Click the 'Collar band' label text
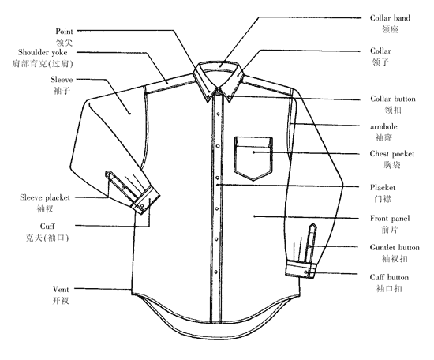click(390, 18)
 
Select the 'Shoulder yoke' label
click(43, 52)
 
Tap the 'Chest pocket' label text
click(392, 154)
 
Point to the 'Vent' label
click(61, 290)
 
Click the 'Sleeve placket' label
click(45, 197)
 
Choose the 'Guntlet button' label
click(395, 247)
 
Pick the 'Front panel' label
click(390, 219)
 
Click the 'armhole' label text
click(383, 126)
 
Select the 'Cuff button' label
click(389, 277)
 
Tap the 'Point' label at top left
click(64, 32)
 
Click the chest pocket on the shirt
click(253, 158)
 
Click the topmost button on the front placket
click(219, 114)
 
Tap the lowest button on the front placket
click(216, 272)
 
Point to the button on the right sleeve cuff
click(306, 272)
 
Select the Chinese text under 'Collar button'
click(393, 110)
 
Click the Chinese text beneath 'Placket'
click(383, 199)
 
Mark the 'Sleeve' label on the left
click(62, 80)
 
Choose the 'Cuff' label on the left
click(47, 227)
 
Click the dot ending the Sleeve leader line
click(129, 113)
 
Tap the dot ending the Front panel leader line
click(254, 216)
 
